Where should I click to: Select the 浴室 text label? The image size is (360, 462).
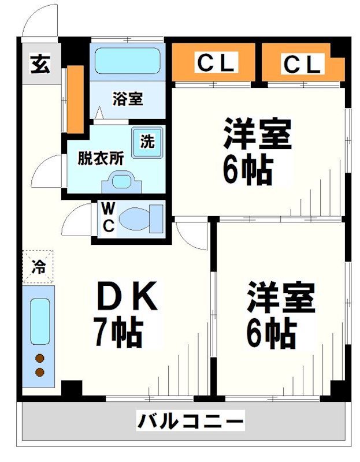(x=127, y=99)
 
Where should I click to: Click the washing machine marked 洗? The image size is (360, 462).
(x=147, y=141)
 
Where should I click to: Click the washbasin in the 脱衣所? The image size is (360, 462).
(x=121, y=183)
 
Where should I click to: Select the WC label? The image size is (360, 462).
(x=107, y=217)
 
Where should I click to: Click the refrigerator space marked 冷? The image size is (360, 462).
(x=38, y=266)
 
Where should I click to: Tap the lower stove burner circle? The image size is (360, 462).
(x=40, y=372)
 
